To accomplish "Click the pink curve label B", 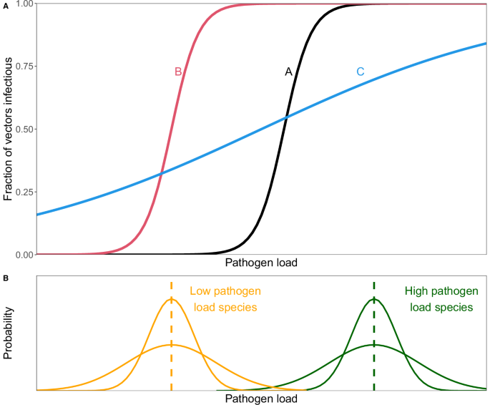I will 178,72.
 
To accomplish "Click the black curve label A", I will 288,72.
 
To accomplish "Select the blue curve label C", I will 361,72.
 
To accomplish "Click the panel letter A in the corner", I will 6,5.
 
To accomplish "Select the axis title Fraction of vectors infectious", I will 9,129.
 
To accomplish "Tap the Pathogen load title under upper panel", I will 261,263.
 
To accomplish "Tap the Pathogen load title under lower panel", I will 261,399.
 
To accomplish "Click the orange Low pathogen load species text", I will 225,299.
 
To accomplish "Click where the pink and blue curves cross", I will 161,172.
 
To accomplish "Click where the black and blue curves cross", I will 286,117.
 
